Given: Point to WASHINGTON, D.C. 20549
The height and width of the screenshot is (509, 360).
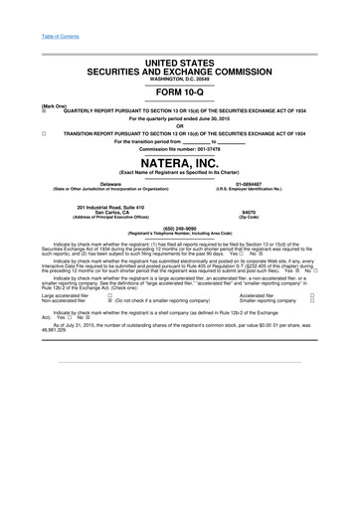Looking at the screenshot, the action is (179, 51).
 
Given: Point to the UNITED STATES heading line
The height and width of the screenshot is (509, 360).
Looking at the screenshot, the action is (179, 35).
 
